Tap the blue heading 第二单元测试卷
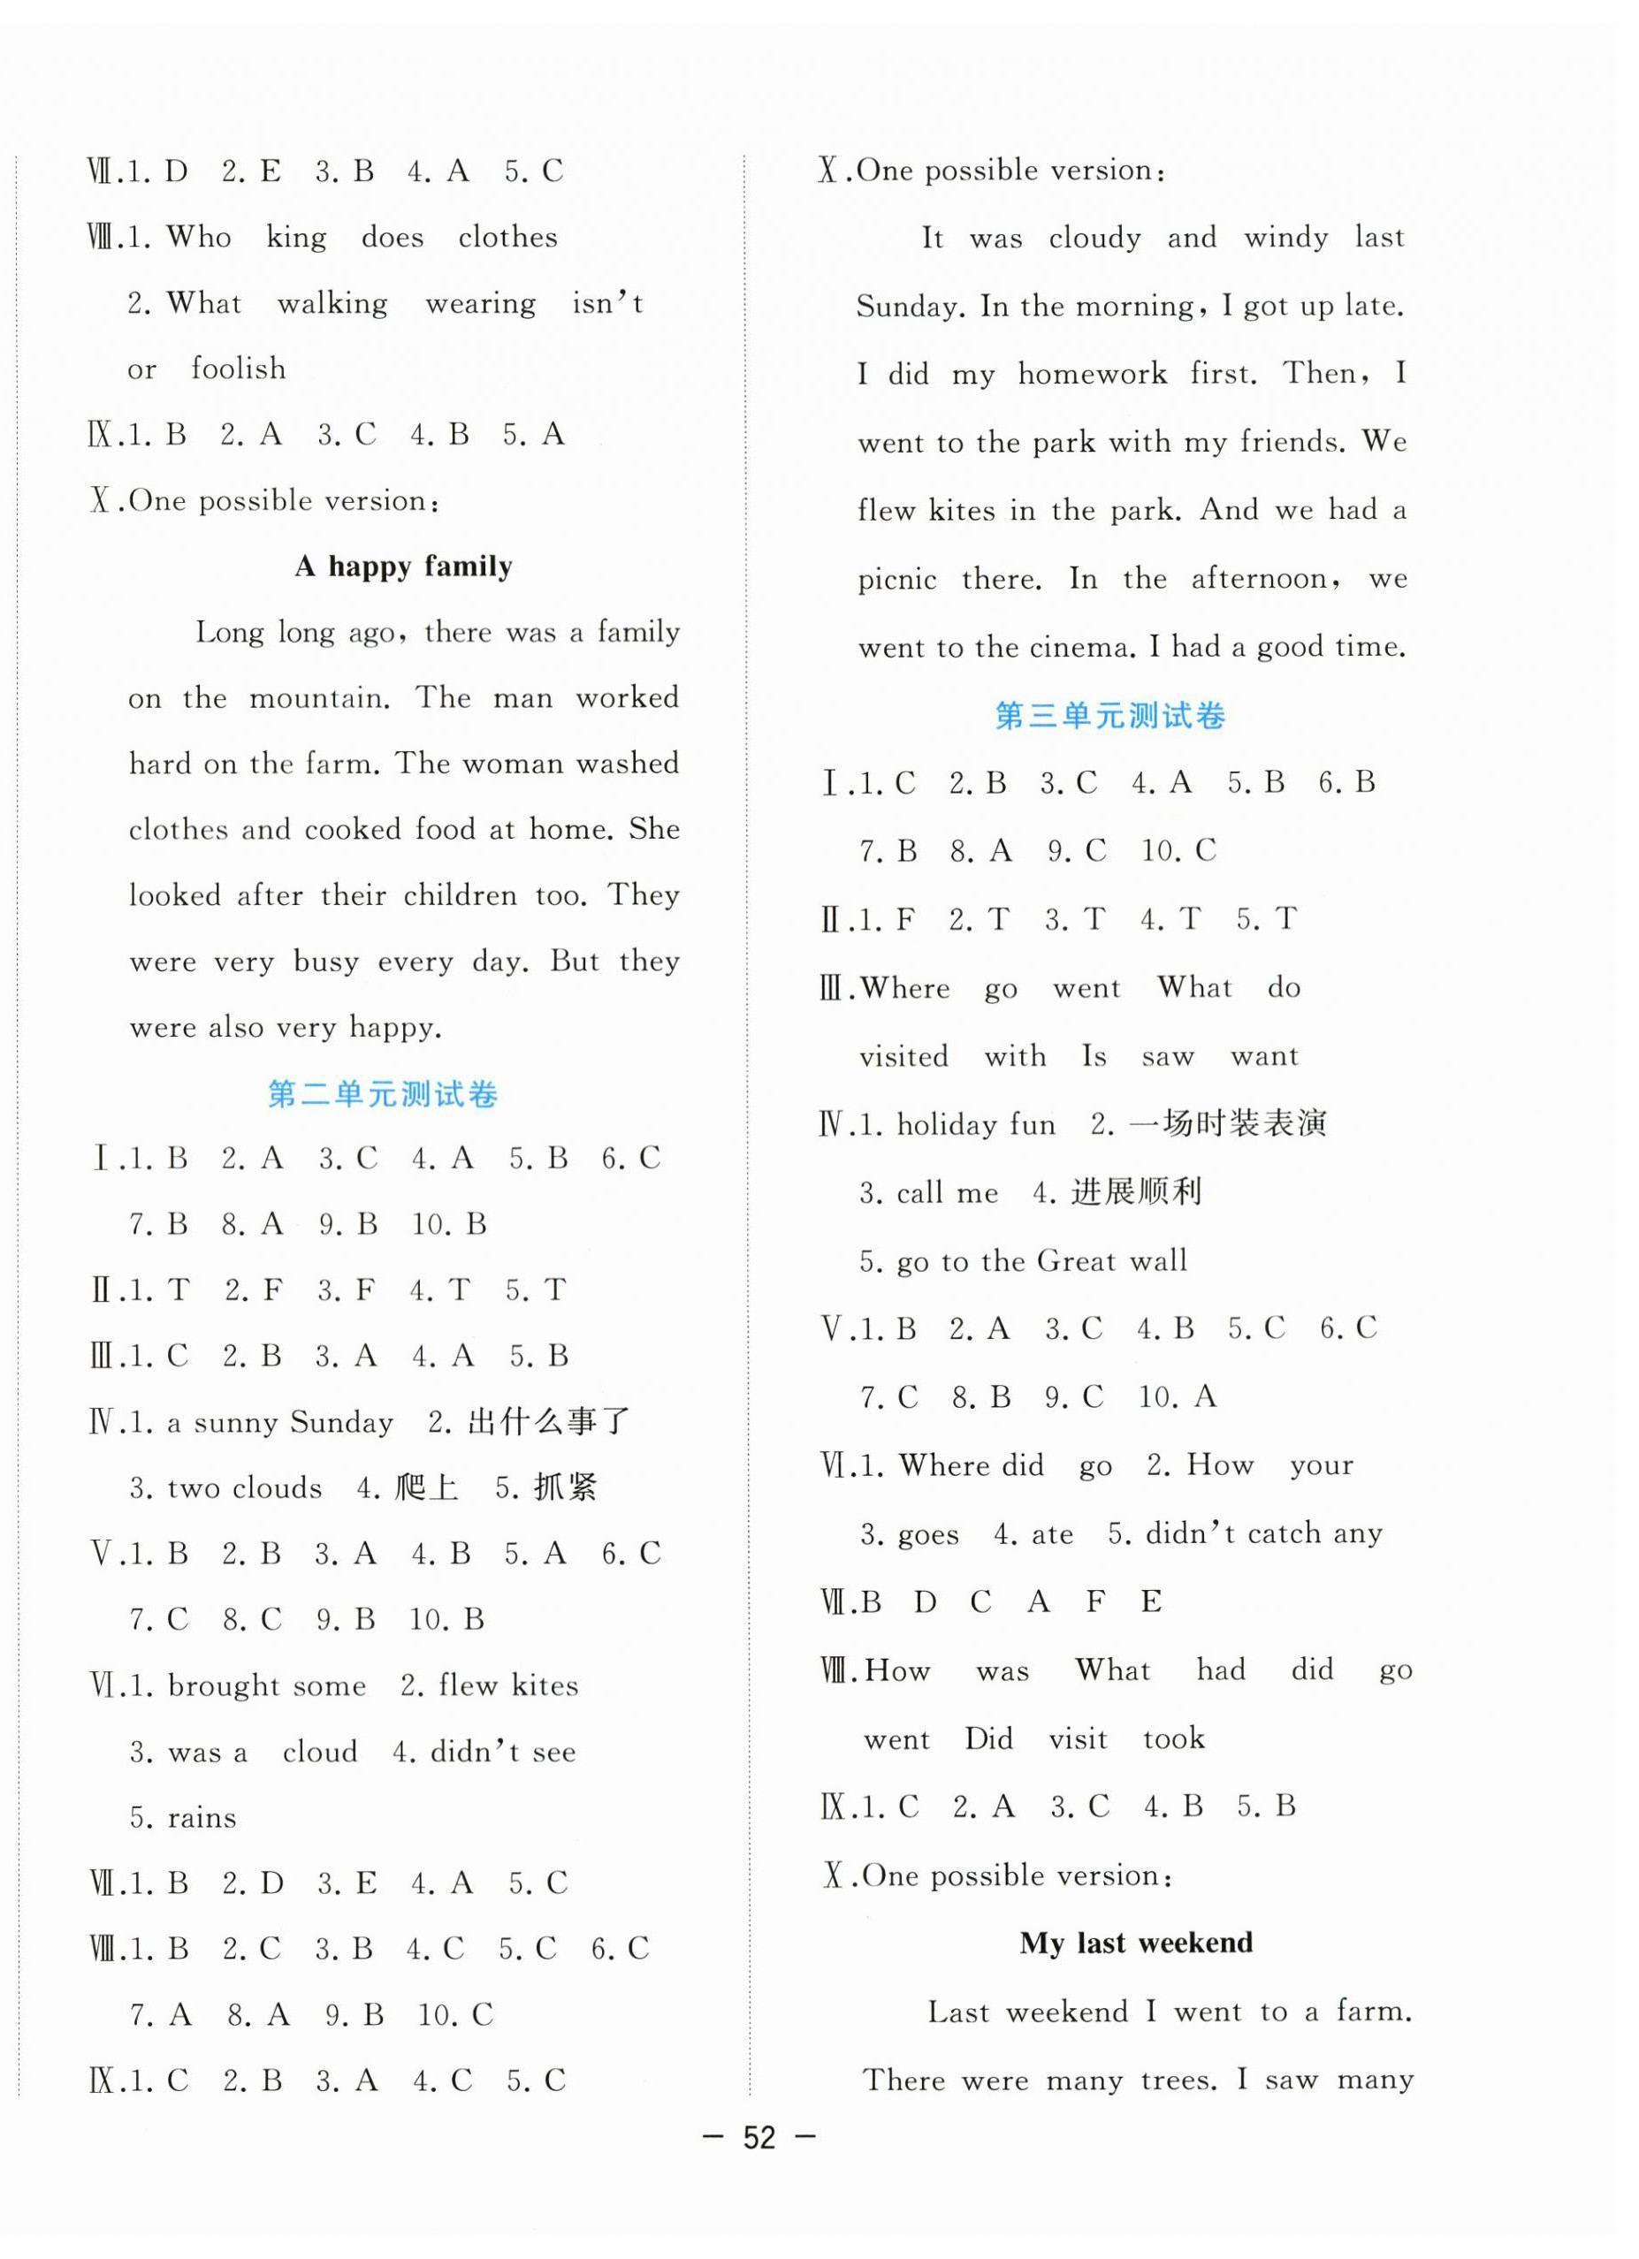tap(383, 1095)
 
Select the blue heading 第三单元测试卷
tap(1110, 715)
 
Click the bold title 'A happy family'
tap(403, 567)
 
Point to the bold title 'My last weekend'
tap(1136, 1943)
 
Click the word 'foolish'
tap(238, 369)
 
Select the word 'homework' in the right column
tap(1092, 375)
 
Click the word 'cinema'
tap(1079, 649)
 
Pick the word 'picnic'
tap(896, 580)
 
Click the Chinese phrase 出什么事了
tap(549, 1421)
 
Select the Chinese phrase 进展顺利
tap(1136, 1192)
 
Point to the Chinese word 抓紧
tap(565, 1488)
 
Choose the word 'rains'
tap(202, 1818)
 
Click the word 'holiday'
tap(947, 1124)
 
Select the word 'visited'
tap(903, 1056)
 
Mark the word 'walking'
tap(332, 304)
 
